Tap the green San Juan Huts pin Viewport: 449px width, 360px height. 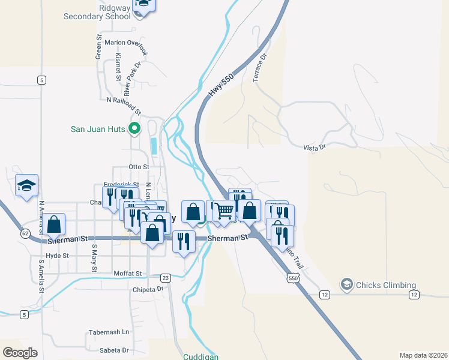click(135, 128)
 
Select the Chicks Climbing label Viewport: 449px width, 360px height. click(385, 284)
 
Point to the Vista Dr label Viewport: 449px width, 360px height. click(314, 147)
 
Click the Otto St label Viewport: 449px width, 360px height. click(138, 167)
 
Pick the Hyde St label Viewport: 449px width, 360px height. click(58, 255)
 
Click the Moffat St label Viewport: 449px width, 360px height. click(127, 274)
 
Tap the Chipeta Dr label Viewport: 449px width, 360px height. click(148, 289)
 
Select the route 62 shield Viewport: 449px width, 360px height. click(25, 233)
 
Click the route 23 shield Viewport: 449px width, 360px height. click(166, 277)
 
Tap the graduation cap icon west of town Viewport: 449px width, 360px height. click(26, 185)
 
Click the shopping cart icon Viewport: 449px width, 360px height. click(224, 211)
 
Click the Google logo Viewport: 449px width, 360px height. click(20, 353)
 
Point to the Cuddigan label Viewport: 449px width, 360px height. click(200, 356)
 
